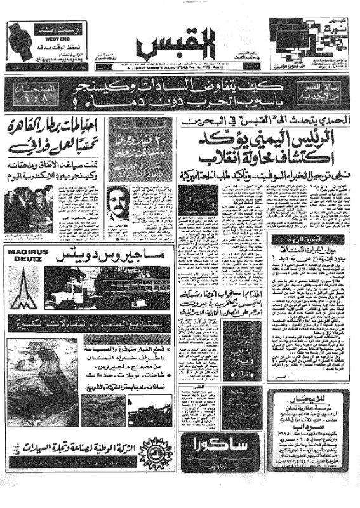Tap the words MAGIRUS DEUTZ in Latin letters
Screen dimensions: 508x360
[25, 257]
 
